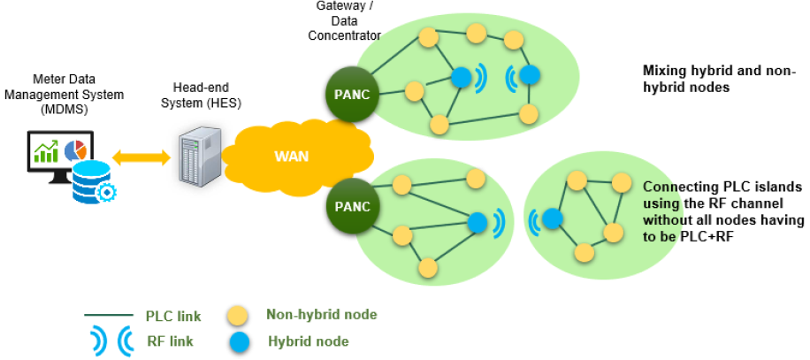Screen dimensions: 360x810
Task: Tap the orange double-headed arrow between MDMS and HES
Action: pos(141,157)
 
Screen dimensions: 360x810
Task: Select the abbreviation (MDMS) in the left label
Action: pos(59,108)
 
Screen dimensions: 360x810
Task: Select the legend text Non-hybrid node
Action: pos(321,315)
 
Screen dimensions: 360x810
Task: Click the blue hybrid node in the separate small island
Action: pos(553,218)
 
